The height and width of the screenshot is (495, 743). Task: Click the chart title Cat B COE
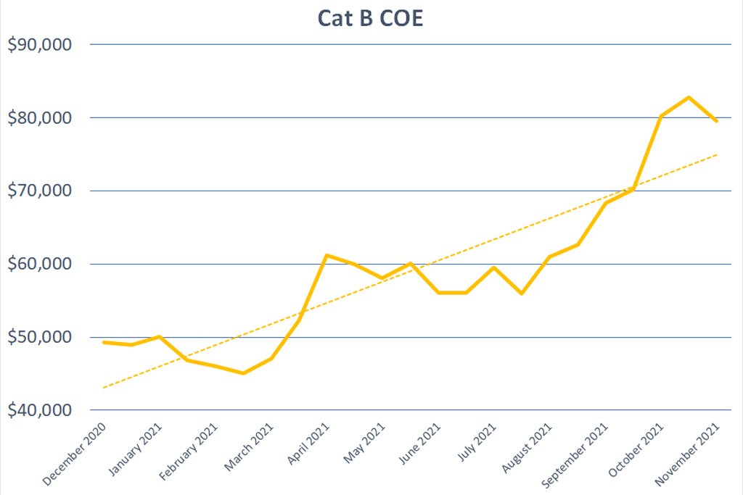[370, 18]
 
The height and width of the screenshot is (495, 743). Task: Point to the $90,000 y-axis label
[40, 45]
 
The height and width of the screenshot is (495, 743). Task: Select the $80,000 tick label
[40, 118]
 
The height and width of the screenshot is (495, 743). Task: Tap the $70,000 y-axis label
[40, 191]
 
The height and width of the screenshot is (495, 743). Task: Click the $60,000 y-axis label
[40, 265]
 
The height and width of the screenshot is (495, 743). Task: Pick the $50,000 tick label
[40, 338]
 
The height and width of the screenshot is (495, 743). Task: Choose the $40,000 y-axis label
[40, 411]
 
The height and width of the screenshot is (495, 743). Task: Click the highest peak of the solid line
[689, 97]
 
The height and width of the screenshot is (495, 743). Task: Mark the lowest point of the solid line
[243, 373]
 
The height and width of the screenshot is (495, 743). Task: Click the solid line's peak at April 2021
[327, 255]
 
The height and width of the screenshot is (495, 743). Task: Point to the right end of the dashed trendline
[718, 154]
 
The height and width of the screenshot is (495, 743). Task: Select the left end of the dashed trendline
[104, 388]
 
